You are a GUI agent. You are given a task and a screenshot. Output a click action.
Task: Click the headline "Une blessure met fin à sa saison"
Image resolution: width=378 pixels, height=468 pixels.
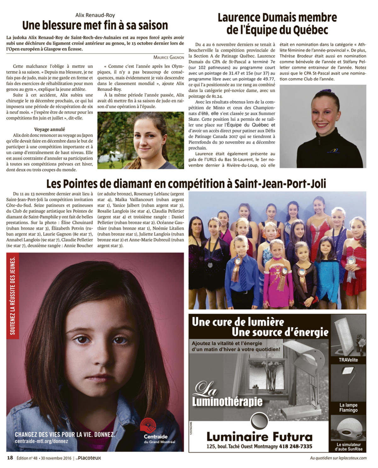(95, 25)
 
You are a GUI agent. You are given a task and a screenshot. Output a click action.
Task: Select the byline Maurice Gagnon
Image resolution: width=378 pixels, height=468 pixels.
(169, 57)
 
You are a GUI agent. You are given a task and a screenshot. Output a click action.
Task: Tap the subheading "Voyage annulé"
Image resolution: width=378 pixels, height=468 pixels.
(49, 129)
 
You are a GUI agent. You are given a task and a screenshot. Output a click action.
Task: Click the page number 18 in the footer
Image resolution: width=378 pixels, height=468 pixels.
(10, 458)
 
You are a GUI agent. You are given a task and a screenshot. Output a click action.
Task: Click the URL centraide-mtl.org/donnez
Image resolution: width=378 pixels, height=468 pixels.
(41, 441)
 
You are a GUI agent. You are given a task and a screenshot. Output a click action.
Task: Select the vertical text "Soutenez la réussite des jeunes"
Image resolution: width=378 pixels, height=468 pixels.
(13, 296)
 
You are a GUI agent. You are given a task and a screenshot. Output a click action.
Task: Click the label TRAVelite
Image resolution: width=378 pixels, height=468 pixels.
(348, 360)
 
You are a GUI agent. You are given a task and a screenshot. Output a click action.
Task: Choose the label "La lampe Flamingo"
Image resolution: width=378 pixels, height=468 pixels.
(348, 408)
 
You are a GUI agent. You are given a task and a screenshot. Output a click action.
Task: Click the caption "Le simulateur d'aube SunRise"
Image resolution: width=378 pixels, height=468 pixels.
(348, 447)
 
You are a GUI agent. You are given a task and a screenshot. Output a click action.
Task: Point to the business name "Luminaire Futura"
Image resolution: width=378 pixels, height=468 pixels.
(259, 437)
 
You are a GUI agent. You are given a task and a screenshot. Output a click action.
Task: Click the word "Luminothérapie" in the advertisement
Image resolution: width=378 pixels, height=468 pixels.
(227, 402)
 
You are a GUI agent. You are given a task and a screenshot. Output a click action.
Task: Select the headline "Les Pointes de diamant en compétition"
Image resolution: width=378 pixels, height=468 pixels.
(186, 184)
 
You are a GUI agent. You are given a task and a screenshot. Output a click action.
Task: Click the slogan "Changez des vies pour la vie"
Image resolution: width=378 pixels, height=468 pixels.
(65, 434)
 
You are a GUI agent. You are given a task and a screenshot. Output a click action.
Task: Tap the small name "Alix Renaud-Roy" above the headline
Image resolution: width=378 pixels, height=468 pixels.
(95, 15)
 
